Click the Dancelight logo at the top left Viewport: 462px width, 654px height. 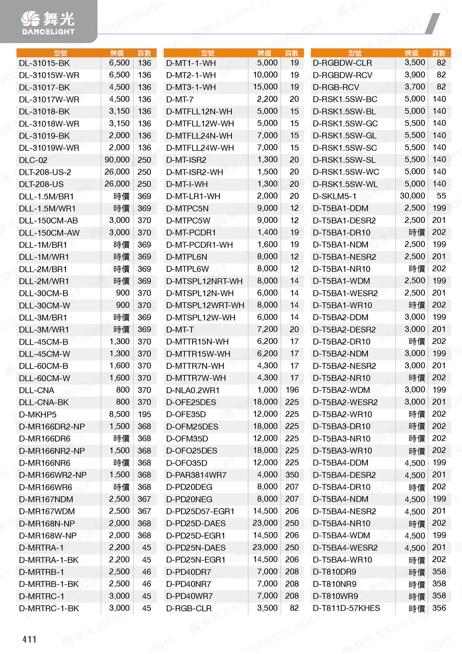(48, 23)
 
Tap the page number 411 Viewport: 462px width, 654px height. (30, 639)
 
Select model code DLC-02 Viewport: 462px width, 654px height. (33, 160)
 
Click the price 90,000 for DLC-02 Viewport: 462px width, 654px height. (117, 160)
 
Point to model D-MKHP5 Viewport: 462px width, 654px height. (38, 414)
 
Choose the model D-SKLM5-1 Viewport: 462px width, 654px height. (334, 196)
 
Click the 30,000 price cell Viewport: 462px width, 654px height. (412, 196)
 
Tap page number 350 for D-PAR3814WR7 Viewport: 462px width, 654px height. (292, 474)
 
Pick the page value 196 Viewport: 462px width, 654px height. (292, 390)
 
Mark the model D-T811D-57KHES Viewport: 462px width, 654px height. (346, 608)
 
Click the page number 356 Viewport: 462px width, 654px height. (439, 608)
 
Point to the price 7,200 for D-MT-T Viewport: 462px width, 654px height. (267, 329)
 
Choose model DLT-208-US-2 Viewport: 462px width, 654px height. (45, 172)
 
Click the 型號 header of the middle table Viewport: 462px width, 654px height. (207, 53)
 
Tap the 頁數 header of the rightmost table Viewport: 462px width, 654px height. (438, 53)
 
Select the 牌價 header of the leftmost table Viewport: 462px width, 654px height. (117, 53)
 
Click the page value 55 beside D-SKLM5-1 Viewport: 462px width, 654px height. (441, 196)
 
